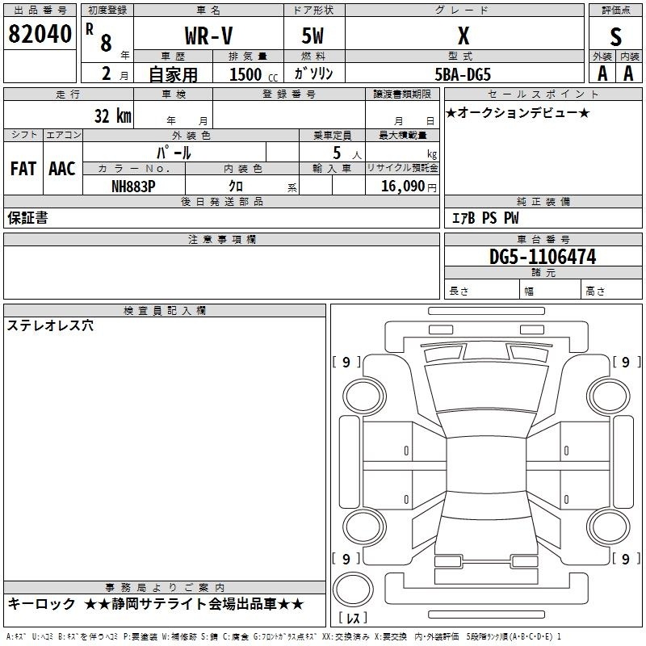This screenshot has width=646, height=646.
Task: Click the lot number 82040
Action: click(x=40, y=34)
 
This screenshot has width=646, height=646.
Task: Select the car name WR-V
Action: click(x=209, y=36)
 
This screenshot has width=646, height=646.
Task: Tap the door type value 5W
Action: click(x=313, y=36)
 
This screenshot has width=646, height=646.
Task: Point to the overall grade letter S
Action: click(x=615, y=37)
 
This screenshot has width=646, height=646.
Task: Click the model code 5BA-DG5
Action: click(x=463, y=74)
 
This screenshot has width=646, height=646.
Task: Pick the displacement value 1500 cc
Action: click(x=254, y=74)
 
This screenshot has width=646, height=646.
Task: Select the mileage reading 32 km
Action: click(x=113, y=115)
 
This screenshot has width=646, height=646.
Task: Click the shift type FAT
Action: click(x=23, y=169)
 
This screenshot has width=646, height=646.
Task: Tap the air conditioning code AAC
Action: click(x=62, y=169)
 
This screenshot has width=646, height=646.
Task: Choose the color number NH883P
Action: click(x=133, y=187)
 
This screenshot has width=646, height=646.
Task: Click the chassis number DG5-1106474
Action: click(x=543, y=257)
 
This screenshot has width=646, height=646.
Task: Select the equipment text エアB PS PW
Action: click(x=485, y=218)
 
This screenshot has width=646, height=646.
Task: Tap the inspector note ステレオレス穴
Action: click(x=50, y=325)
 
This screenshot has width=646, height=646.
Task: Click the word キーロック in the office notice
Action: click(x=42, y=604)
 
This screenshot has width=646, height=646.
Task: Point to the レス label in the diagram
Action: click(x=353, y=618)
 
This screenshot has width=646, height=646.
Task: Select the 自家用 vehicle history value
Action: click(x=173, y=74)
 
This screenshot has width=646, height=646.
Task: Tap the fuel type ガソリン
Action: click(x=313, y=73)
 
